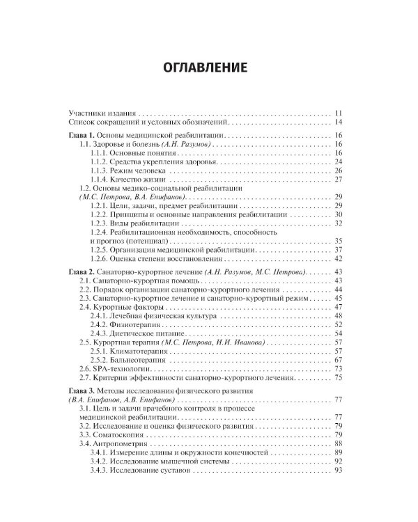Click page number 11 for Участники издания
pos(339,113)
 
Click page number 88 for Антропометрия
pos(339,443)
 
